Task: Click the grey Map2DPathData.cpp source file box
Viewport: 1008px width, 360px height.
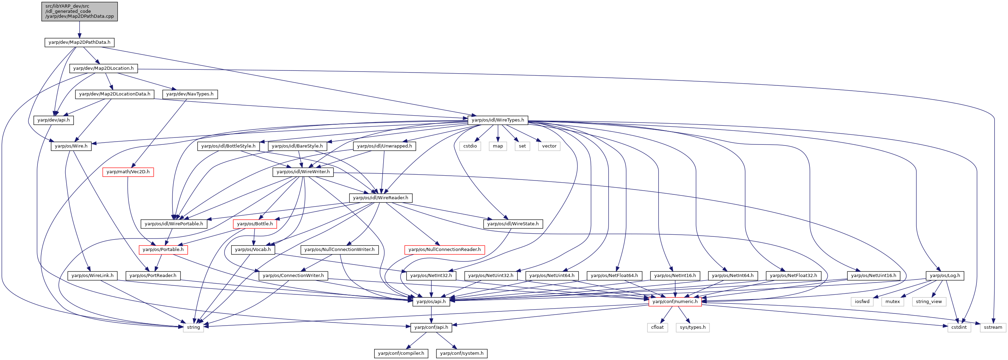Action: (79, 11)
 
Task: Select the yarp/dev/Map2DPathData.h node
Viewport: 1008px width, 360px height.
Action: (79, 42)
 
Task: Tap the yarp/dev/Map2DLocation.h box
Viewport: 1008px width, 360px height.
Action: (103, 68)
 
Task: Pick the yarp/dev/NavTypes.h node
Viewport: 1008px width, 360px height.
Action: (190, 94)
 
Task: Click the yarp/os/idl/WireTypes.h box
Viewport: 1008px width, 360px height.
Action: (498, 120)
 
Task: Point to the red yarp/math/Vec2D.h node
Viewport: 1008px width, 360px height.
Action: (128, 172)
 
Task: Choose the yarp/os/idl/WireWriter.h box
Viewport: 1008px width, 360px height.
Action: (303, 172)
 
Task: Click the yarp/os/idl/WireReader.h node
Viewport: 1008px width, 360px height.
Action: (380, 198)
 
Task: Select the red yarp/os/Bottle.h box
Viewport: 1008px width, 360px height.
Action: (255, 224)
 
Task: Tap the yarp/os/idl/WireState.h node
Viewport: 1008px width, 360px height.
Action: (513, 224)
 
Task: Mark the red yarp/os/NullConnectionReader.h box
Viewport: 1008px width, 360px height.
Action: (445, 250)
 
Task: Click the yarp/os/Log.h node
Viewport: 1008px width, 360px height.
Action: (944, 276)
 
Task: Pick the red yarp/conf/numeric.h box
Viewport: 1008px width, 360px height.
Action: (675, 301)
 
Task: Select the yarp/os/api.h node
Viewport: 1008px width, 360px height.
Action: (431, 301)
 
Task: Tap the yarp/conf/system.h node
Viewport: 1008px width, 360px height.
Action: (462, 353)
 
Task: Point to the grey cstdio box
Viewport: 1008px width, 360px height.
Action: (470, 146)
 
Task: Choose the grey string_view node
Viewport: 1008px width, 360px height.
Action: (929, 301)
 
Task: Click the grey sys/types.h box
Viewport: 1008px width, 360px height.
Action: (692, 327)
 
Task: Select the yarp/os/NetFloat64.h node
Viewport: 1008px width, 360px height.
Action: (614, 276)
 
